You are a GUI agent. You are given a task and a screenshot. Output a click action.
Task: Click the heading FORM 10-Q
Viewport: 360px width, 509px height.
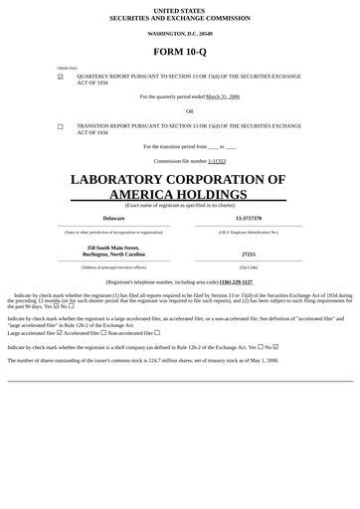(x=180, y=52)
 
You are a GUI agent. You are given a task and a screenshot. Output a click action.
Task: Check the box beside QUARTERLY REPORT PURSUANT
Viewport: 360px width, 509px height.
(x=61, y=77)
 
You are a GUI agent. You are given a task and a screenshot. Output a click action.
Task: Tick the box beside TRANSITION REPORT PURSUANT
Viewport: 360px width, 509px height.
(x=61, y=127)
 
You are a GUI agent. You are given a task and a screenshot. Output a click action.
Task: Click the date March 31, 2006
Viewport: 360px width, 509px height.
(x=223, y=96)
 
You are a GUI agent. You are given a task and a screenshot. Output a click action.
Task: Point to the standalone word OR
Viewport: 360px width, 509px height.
(x=190, y=111)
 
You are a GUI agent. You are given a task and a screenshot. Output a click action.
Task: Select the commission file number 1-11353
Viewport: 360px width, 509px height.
(x=217, y=160)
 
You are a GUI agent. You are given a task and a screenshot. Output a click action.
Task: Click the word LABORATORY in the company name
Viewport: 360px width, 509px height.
(x=133, y=180)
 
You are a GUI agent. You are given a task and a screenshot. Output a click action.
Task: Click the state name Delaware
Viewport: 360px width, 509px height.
(x=113, y=218)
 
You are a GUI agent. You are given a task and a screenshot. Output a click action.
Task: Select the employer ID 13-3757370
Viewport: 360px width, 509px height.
(x=249, y=218)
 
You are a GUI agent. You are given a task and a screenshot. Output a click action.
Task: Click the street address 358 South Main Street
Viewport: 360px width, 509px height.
(x=113, y=248)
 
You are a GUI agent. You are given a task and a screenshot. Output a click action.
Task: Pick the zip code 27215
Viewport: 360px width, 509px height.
(x=249, y=254)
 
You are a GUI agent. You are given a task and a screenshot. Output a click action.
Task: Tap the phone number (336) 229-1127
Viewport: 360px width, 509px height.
(x=236, y=281)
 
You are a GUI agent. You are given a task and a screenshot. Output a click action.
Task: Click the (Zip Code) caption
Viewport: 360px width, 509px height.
(x=249, y=267)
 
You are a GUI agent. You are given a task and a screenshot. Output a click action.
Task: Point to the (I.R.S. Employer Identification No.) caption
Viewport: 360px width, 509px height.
(x=249, y=232)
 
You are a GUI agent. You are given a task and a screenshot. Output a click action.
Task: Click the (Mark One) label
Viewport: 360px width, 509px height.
(x=67, y=68)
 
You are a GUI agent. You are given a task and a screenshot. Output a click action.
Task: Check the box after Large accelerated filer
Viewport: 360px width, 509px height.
(x=60, y=333)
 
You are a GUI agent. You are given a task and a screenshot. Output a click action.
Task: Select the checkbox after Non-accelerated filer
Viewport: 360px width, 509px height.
(x=157, y=333)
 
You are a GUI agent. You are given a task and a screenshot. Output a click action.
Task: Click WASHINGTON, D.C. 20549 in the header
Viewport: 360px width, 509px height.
(x=180, y=34)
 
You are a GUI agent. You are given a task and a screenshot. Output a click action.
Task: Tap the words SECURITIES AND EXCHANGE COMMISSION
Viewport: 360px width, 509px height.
(x=180, y=17)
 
